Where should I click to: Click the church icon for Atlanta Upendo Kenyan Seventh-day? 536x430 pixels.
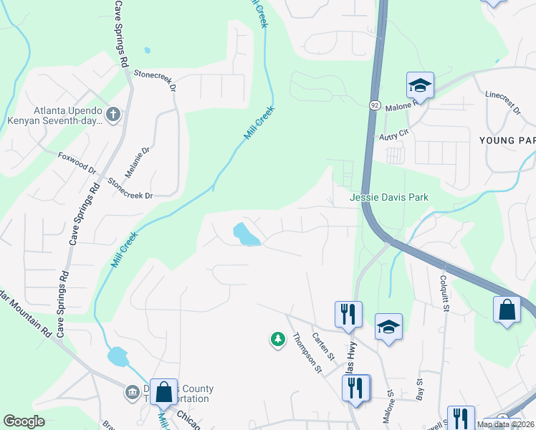(x=113, y=113)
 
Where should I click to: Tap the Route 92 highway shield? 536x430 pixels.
(x=375, y=105)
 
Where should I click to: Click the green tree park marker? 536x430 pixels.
(x=277, y=339)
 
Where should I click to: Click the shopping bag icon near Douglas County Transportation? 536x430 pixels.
(x=163, y=392)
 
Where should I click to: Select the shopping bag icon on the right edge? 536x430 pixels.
(x=507, y=310)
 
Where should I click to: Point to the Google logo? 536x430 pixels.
(x=24, y=421)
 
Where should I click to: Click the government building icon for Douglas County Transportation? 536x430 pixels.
(x=133, y=392)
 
